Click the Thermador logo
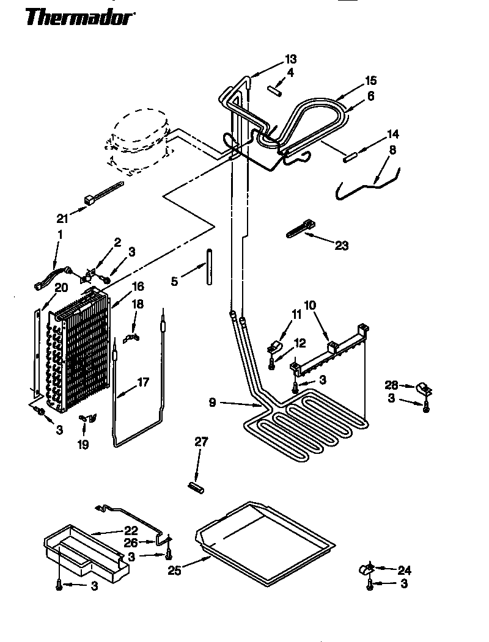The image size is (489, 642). pos(80,18)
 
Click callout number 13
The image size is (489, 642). pos(290,59)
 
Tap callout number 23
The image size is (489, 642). pos(342,246)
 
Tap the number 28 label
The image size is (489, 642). pos(391,385)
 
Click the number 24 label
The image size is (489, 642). pos(404,571)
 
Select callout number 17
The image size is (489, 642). pos(142,383)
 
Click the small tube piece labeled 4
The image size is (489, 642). pos(273,89)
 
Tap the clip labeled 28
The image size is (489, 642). pos(422,387)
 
